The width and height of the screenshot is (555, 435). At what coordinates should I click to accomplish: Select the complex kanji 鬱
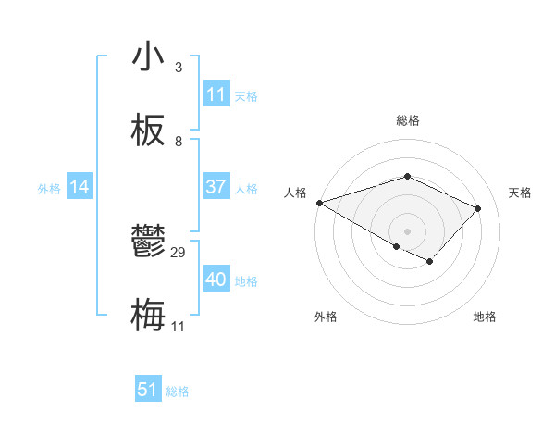[x=148, y=243]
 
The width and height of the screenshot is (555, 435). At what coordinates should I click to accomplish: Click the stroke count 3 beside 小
[x=179, y=68]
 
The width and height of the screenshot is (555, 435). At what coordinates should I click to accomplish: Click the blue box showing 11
[x=216, y=94]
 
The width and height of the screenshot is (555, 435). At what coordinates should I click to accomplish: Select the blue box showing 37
[x=216, y=187]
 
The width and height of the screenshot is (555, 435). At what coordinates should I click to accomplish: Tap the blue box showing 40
[x=216, y=280]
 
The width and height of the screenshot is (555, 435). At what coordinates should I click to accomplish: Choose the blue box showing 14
[x=80, y=187]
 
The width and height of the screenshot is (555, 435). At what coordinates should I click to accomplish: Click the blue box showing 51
[x=148, y=390]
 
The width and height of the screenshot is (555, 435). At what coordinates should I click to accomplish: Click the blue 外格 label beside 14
[x=49, y=188]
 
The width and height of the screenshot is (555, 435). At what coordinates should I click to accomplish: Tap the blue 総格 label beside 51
[x=178, y=391]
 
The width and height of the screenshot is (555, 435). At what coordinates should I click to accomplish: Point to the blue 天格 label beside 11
[x=246, y=95]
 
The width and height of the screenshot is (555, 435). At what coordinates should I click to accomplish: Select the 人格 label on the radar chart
[x=295, y=193]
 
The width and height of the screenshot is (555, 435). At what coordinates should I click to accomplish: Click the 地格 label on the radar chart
[x=485, y=317]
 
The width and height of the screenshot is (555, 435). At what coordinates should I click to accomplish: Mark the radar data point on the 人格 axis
[x=319, y=203]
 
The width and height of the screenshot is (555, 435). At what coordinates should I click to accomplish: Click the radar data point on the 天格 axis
[x=477, y=208]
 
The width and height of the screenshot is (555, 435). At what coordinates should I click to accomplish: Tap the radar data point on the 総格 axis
[x=407, y=176]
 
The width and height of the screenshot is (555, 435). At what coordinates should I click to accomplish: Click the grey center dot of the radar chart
[x=407, y=230]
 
